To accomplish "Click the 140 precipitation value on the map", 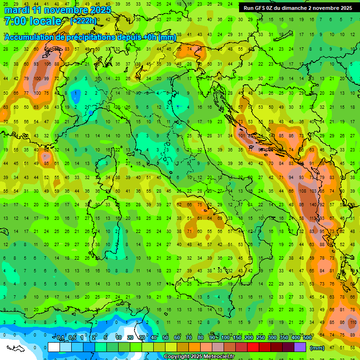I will [x=311, y=204].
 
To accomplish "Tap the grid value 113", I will [x=311, y=218].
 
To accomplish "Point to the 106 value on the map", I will [x=47, y=64].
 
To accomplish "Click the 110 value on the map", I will [x=353, y=322].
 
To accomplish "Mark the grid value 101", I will [x=241, y=135].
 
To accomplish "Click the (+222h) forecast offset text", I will [x=83, y=21].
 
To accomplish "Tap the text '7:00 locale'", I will [x=32, y=21].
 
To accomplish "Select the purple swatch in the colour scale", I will [x=300, y=347].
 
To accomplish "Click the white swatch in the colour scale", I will [x=54, y=347].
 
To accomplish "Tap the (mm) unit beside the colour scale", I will [x=317, y=348].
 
